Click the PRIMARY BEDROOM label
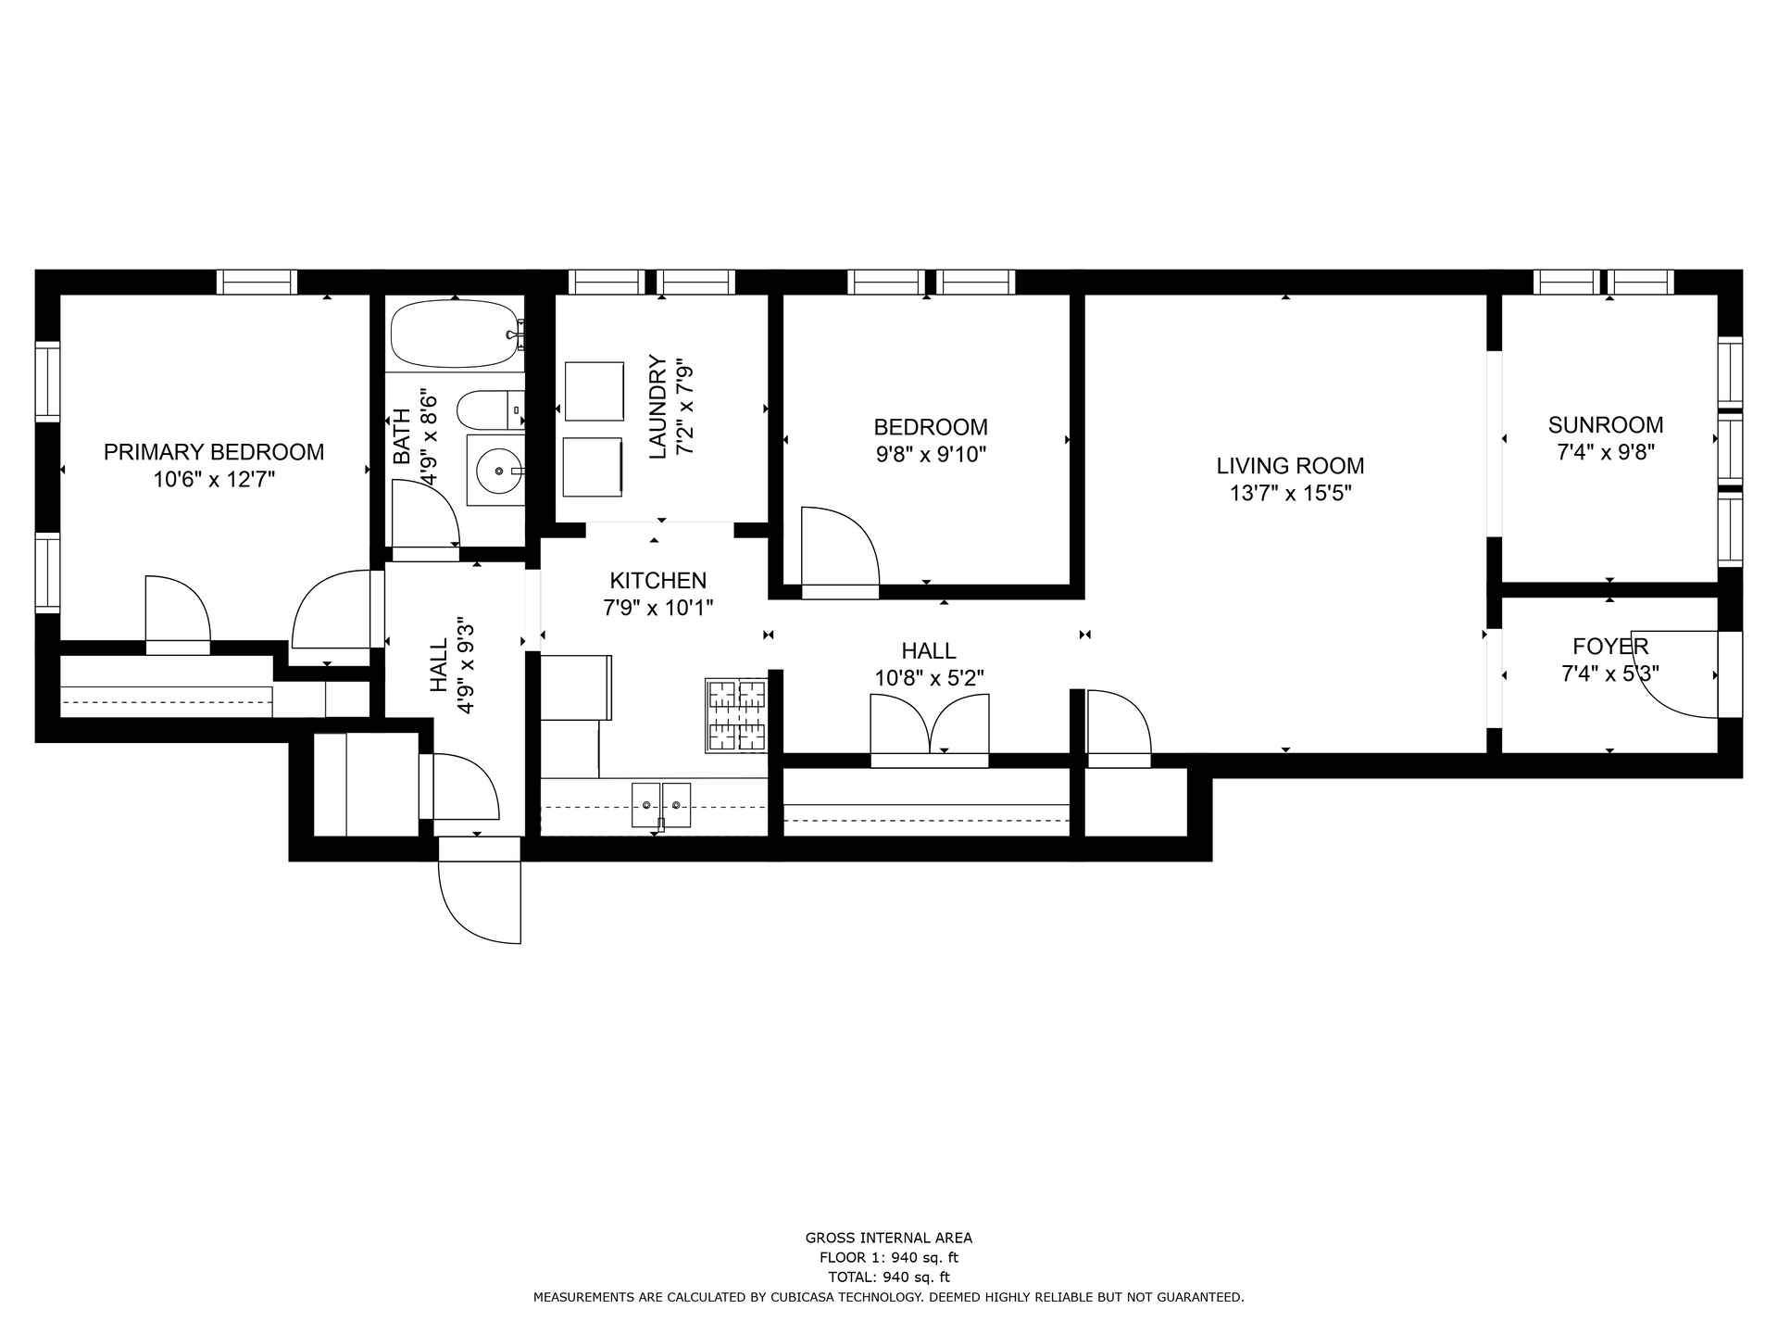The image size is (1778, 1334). (214, 452)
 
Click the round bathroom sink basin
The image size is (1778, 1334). (497, 471)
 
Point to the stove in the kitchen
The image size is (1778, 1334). (737, 715)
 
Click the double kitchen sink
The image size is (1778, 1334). (661, 804)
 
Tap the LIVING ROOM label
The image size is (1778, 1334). (1290, 466)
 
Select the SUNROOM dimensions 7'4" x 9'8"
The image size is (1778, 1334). (1605, 453)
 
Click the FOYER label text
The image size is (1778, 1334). (1609, 647)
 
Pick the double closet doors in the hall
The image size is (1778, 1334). (930, 726)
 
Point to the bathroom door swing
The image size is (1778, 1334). (424, 514)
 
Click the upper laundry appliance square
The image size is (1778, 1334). (594, 391)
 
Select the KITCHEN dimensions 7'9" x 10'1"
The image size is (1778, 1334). (657, 609)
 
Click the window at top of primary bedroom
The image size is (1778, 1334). (257, 282)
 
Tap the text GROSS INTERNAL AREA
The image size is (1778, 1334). (888, 1238)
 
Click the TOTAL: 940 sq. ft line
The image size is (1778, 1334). (888, 1277)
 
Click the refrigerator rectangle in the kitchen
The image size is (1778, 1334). (575, 686)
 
